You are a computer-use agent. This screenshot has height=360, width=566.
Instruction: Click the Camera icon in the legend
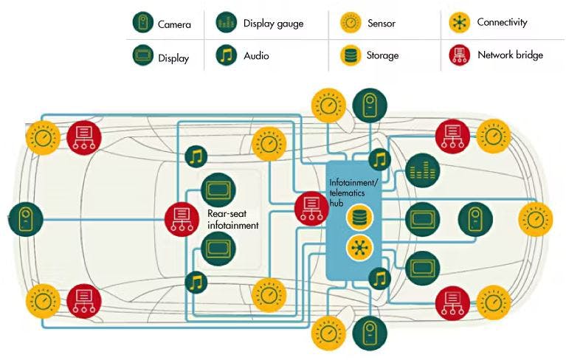coord(142,24)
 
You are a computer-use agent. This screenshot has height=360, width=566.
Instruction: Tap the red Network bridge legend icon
coord(459,55)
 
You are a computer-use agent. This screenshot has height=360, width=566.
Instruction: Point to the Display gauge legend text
coord(273,24)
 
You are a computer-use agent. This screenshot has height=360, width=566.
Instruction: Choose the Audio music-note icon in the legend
coord(227,55)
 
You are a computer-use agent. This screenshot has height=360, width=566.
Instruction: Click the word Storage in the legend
coord(382,55)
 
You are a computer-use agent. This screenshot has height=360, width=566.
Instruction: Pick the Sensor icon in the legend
coord(351,24)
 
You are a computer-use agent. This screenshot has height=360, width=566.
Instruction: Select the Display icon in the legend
coord(142,55)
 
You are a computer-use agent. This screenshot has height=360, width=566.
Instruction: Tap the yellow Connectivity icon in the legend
coord(459,24)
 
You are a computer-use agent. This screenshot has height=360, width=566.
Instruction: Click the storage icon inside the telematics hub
coord(359,218)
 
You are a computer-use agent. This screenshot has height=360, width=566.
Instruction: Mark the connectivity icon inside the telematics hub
coord(359,246)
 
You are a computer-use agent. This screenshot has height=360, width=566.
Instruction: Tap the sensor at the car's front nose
coord(535,218)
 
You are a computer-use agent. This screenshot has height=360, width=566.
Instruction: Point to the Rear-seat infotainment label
coord(232,220)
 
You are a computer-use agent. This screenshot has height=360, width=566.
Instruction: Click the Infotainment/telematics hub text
coord(353,187)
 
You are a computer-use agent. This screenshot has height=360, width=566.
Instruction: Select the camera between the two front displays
coord(474,218)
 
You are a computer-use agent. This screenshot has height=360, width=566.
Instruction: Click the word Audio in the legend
coord(257,55)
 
